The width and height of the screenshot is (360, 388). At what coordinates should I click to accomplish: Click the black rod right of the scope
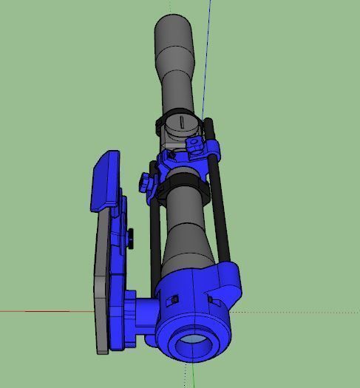click(x=219, y=192)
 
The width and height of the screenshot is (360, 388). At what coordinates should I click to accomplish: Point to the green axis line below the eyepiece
click(x=194, y=377)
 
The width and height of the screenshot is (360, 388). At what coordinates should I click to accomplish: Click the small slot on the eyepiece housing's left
click(x=175, y=299)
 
